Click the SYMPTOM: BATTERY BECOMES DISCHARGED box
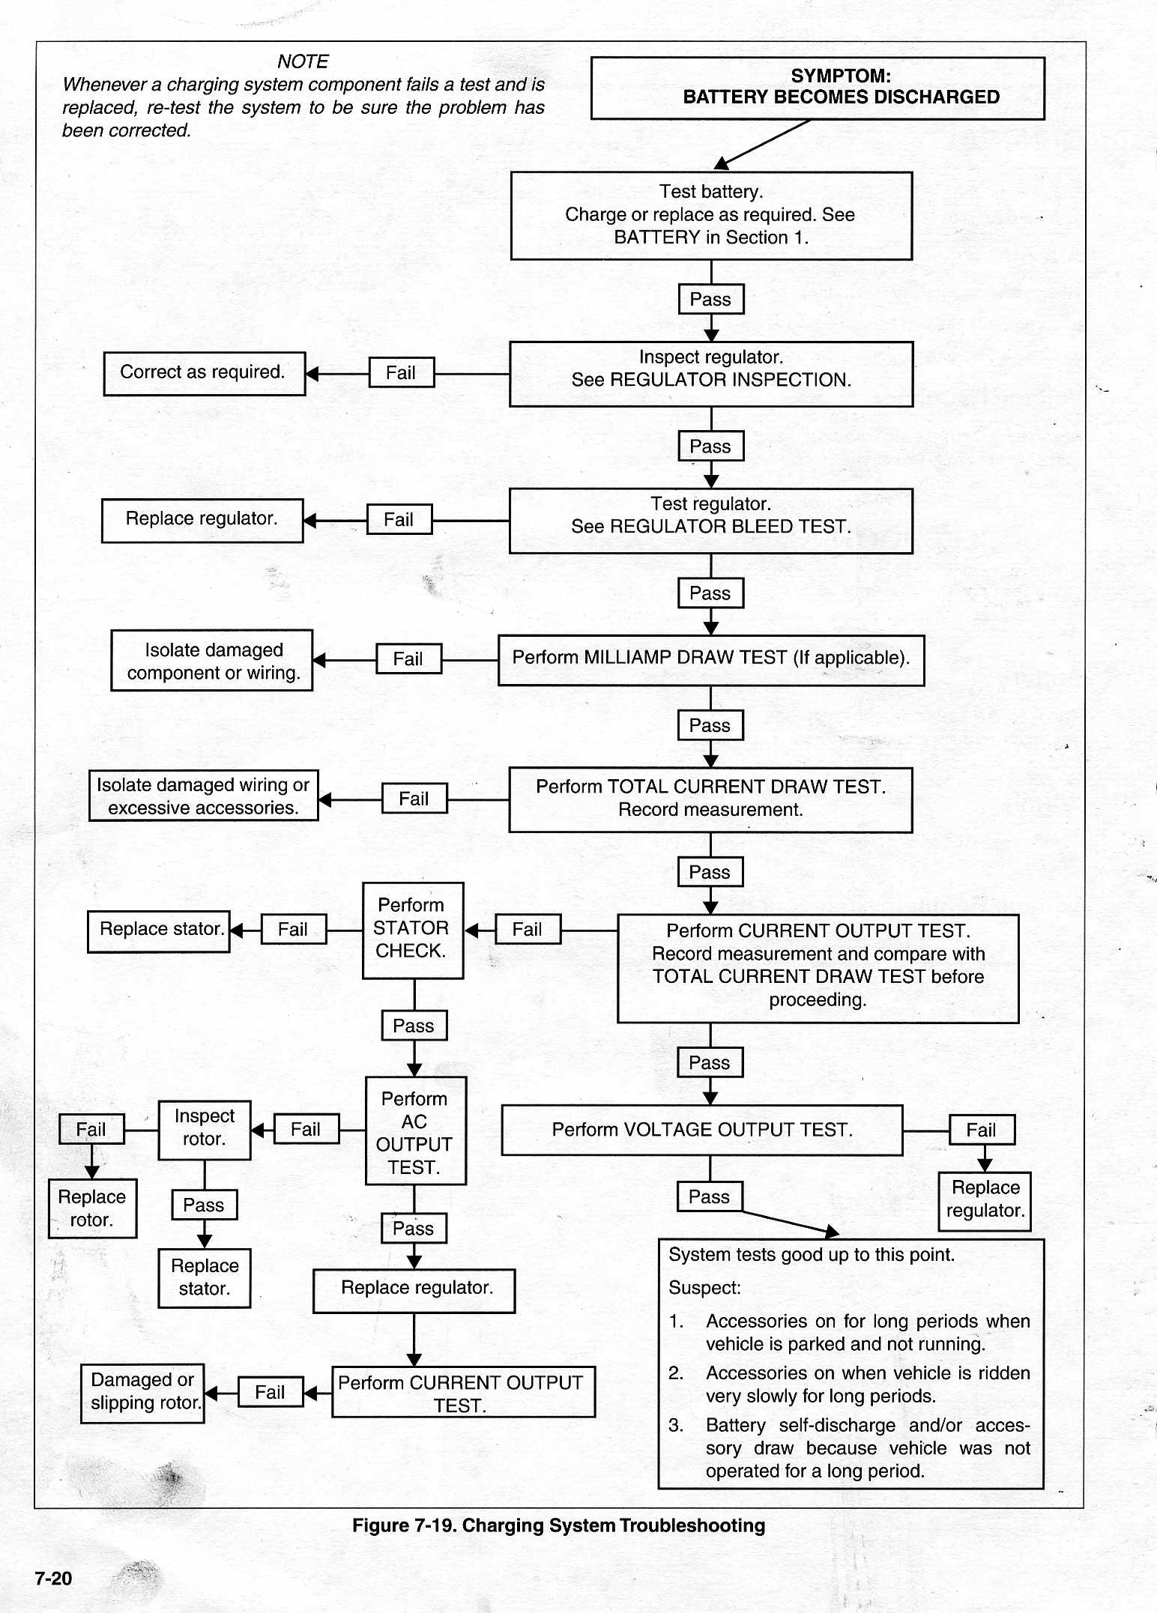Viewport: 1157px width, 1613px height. click(x=818, y=88)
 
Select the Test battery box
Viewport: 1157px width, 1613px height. click(x=711, y=216)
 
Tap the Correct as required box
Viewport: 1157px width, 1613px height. click(x=205, y=373)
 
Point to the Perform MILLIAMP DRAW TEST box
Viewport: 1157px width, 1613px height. click(x=711, y=660)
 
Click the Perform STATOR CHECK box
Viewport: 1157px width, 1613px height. click(x=413, y=930)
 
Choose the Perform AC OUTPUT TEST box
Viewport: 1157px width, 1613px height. click(x=416, y=1131)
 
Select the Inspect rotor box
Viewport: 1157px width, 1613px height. click(x=205, y=1130)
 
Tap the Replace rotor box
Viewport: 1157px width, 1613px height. click(x=92, y=1208)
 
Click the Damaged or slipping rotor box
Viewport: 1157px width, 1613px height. click(x=142, y=1393)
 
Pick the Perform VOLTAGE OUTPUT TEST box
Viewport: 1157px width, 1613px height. click(x=702, y=1130)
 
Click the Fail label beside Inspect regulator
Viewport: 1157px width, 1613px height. click(x=402, y=372)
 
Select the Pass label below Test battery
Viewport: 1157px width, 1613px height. click(x=710, y=299)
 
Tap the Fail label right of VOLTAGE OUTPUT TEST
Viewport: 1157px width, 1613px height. click(x=982, y=1130)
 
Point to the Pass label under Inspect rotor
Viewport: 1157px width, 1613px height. click(x=204, y=1205)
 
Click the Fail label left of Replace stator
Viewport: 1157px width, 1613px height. click(x=294, y=929)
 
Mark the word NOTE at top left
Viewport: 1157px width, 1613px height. click(x=303, y=61)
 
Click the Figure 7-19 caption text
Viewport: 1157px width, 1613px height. click(x=559, y=1525)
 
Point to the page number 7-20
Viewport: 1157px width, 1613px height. click(x=53, y=1579)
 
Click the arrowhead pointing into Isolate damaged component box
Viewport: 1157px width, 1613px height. click(x=319, y=660)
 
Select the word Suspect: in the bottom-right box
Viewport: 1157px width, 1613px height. click(x=704, y=1288)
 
